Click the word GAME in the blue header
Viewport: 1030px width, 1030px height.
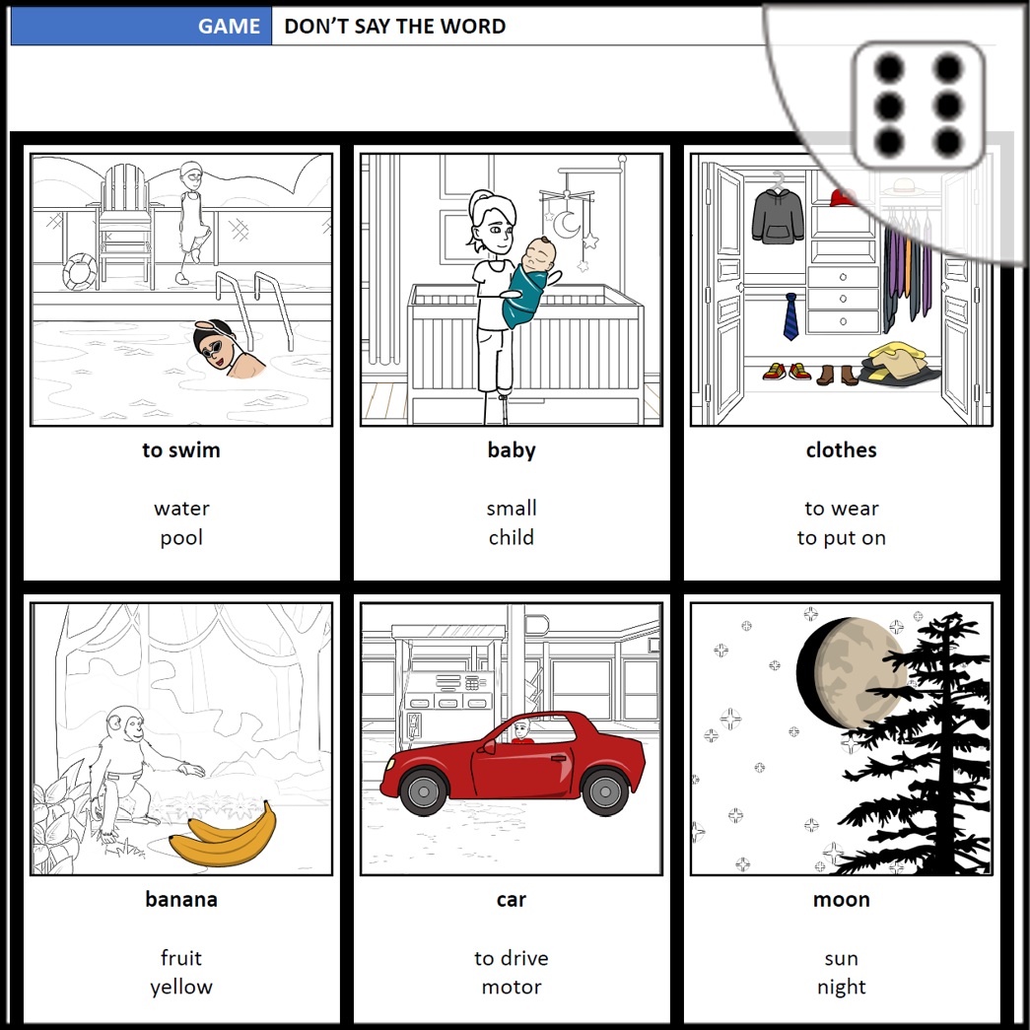tap(229, 27)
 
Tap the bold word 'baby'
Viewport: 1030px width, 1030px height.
tap(512, 450)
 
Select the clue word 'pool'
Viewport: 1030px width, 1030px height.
tap(181, 538)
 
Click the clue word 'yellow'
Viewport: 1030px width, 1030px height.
tap(181, 987)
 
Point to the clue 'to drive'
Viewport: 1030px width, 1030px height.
tap(512, 958)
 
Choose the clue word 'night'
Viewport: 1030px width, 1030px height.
tap(842, 987)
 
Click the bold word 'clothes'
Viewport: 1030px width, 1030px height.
tap(842, 450)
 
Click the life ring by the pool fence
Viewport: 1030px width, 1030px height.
tap(80, 271)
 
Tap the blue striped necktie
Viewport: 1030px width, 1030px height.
tap(790, 316)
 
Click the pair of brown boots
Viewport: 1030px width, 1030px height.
tap(837, 375)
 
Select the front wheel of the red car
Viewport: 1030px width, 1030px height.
tap(424, 791)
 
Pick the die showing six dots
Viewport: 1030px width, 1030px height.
tap(918, 105)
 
